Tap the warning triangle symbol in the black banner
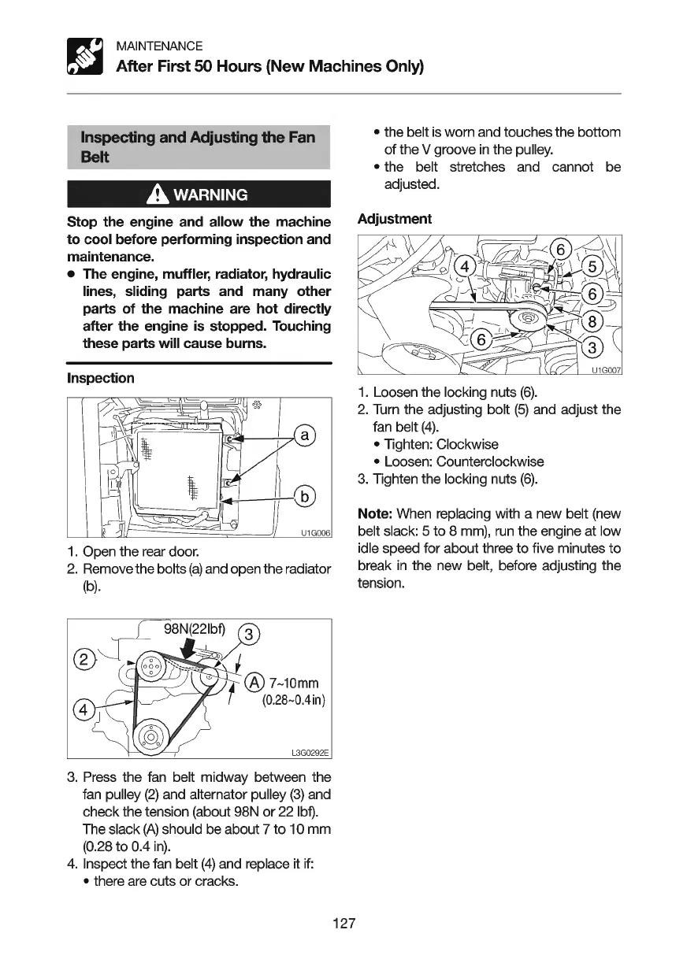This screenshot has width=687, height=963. (x=149, y=194)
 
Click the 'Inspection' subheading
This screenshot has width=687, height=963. (x=100, y=378)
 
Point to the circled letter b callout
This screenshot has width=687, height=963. (x=303, y=496)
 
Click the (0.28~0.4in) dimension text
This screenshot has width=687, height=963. (x=288, y=698)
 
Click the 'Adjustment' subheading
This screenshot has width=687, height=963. (x=394, y=218)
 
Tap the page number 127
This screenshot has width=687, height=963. (x=344, y=923)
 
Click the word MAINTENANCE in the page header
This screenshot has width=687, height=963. (x=159, y=46)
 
